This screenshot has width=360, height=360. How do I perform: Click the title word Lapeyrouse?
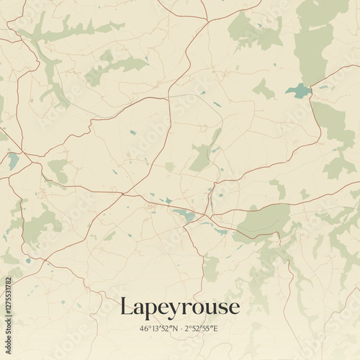pyautogui.click(x=179, y=307)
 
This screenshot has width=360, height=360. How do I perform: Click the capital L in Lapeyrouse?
pyautogui.click(x=126, y=306)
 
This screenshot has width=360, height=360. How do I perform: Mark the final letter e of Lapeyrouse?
pyautogui.click(x=233, y=308)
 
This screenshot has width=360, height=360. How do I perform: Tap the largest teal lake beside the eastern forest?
pyautogui.click(x=298, y=91)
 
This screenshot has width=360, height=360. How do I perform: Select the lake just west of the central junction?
pyautogui.click(x=184, y=215)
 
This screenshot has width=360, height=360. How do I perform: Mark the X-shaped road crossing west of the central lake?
pyautogui.click(x=127, y=193)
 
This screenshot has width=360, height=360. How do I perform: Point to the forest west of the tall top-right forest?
pyautogui.click(x=252, y=32)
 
